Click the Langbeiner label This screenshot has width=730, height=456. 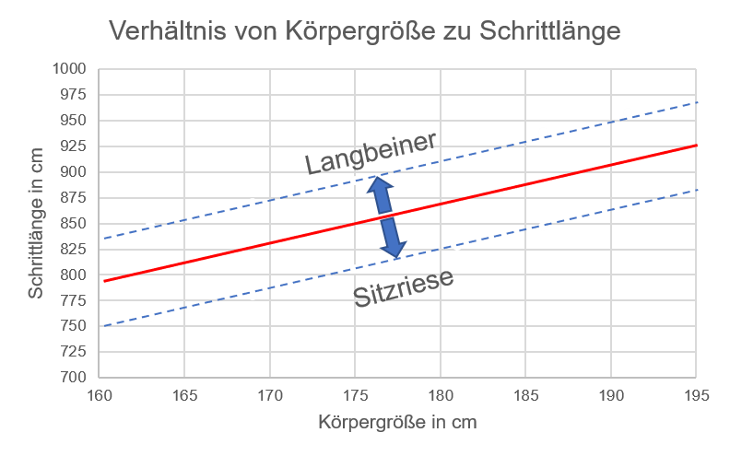pyautogui.click(x=371, y=154)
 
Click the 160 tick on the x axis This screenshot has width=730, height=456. pyautogui.click(x=100, y=397)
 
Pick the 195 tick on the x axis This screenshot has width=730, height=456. pyautogui.click(x=696, y=397)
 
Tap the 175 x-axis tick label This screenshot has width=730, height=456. pyautogui.click(x=355, y=397)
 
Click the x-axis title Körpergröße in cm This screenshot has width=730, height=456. pyautogui.click(x=397, y=424)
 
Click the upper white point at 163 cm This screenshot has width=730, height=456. pyautogui.click(x=150, y=225)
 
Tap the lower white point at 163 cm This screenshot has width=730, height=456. pyautogui.click(x=150, y=317)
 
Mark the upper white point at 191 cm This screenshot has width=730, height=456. pyautogui.click(x=628, y=112)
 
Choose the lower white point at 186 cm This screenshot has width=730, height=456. pyautogui.click(x=543, y=227)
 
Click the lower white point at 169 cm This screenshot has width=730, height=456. pyautogui.click(x=253, y=296)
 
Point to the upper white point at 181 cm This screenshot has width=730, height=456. pyautogui.click(x=457, y=155)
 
